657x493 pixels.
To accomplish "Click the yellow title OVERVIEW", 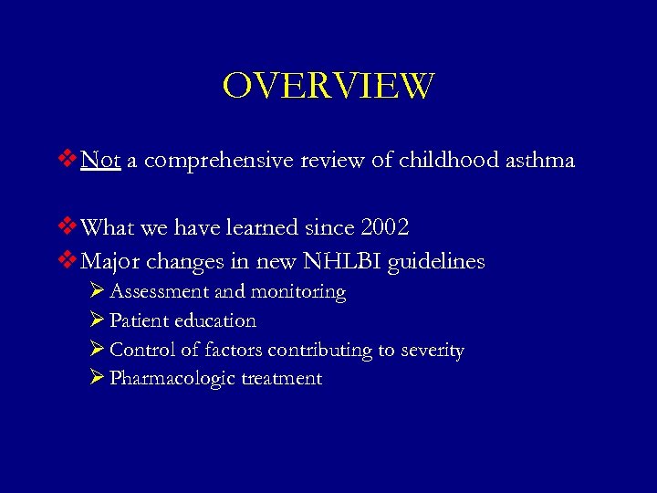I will [328, 87].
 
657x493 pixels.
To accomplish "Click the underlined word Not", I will [100, 161].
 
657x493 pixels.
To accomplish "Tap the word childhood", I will [451, 161].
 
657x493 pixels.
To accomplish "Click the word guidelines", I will [436, 263].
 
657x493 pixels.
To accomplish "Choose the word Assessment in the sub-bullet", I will [159, 292].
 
